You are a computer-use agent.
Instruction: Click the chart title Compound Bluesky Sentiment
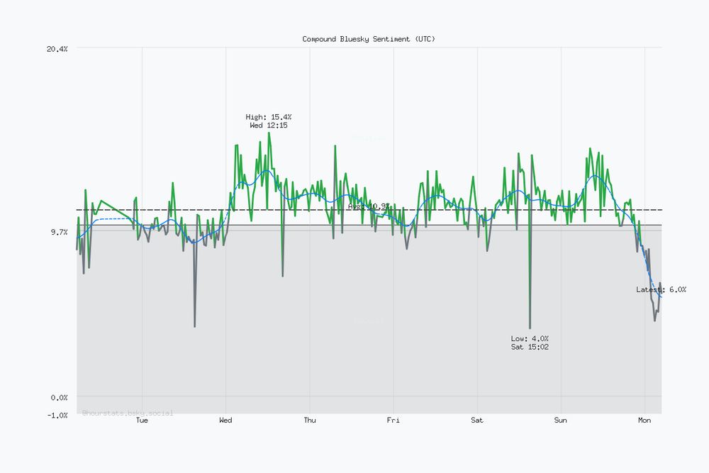coord(369,39)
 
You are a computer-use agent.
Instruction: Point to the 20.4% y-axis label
coord(57,48)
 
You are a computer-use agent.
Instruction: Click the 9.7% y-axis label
coord(59,232)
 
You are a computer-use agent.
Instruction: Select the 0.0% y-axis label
coord(59,397)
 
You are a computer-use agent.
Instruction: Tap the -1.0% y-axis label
coord(57,415)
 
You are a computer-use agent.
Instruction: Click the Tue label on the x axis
coord(142,421)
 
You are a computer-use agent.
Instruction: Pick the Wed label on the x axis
coord(225,421)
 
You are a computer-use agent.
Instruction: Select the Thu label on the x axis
coord(310,421)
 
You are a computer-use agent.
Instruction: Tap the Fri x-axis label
coord(393,421)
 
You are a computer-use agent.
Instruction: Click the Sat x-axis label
coord(477,421)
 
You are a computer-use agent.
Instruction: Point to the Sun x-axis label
coord(561,421)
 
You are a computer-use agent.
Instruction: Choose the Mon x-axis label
coord(644,421)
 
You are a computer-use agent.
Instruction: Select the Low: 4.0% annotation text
coord(530,338)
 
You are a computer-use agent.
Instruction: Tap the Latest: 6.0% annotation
coord(661,289)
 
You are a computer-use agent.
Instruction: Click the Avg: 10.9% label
coord(369,206)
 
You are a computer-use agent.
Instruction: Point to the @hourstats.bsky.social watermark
coord(128,412)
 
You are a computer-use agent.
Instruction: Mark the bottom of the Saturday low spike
coord(530,328)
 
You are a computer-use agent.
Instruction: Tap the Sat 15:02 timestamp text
coord(530,347)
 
